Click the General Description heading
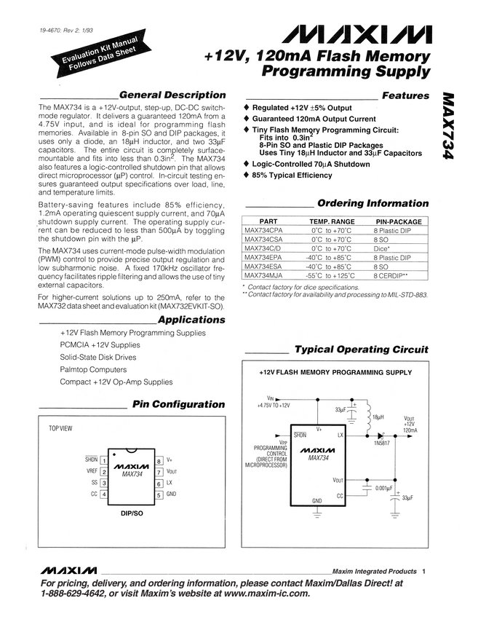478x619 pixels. pyautogui.click(x=172, y=95)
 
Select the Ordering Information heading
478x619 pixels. pyautogui.click(x=373, y=203)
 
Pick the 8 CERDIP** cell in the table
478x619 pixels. pyautogui.click(x=390, y=276)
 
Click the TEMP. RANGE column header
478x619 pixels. pyautogui.click(x=332, y=221)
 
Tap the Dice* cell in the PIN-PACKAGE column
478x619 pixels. pyautogui.click(x=383, y=248)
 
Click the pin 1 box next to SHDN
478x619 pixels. pyautogui.click(x=104, y=460)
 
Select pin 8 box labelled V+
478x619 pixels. pyautogui.click(x=159, y=460)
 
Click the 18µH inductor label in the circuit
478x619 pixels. pyautogui.click(x=378, y=418)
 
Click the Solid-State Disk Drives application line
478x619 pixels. pyautogui.click(x=97, y=358)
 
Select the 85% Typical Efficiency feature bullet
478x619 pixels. pyautogui.click(x=292, y=176)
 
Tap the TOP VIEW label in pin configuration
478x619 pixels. pyautogui.click(x=60, y=428)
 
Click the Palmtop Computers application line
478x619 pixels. pyautogui.click(x=93, y=370)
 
